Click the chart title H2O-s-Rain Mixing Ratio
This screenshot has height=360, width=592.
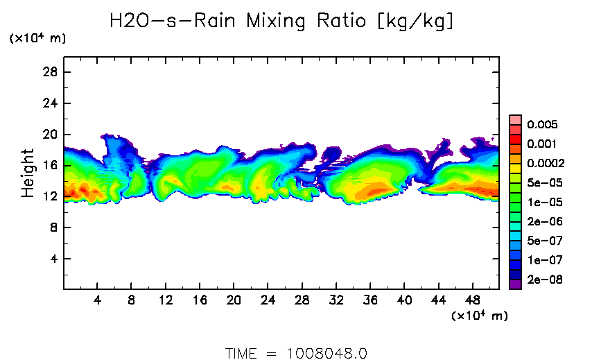tap(282, 21)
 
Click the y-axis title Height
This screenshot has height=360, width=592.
tap(28, 173)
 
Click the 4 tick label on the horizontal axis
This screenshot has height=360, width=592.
tap(97, 302)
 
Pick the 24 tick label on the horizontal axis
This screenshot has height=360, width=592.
tap(268, 302)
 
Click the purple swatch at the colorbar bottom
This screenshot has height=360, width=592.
tap(515, 284)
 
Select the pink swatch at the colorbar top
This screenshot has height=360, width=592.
tap(515, 119)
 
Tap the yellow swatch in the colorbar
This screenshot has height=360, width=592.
tap(515, 168)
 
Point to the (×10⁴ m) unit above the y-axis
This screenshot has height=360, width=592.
tap(37, 39)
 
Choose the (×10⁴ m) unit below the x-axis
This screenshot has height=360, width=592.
tap(480, 316)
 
